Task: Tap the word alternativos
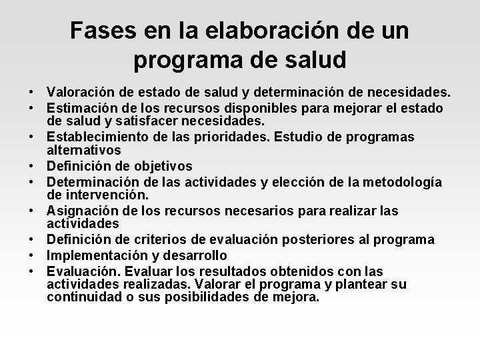click(x=83, y=150)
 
